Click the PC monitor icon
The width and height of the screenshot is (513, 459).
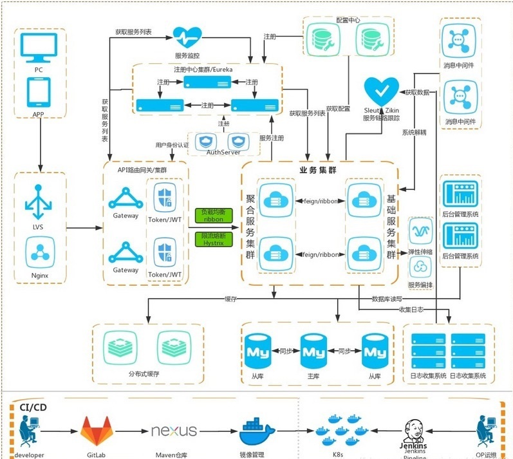pos(39,46)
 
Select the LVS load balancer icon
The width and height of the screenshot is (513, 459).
pos(39,201)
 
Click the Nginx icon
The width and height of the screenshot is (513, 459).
pos(39,252)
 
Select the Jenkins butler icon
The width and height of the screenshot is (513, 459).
pos(416,430)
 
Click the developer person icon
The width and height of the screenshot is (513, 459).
pos(28,430)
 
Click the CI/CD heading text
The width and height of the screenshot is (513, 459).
pos(33,407)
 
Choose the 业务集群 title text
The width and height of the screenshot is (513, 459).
pos(318,170)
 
